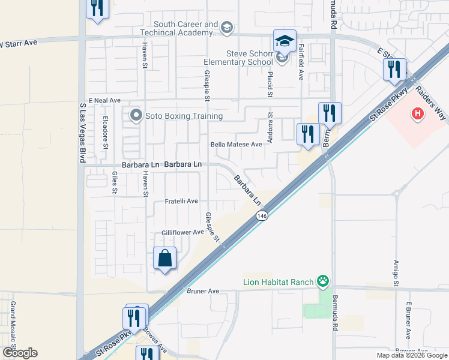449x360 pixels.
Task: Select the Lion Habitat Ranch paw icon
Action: coord(324,281)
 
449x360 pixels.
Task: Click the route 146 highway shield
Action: coord(262,215)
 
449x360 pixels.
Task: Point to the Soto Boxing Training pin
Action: coord(136,115)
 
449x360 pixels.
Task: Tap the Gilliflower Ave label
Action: coord(182,232)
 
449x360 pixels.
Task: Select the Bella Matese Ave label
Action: coord(237,145)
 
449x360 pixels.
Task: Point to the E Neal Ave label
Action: coord(104,100)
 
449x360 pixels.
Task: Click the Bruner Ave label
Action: coord(203,291)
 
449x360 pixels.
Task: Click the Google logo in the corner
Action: coord(19,353)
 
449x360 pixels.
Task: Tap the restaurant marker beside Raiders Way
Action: coord(395,70)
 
